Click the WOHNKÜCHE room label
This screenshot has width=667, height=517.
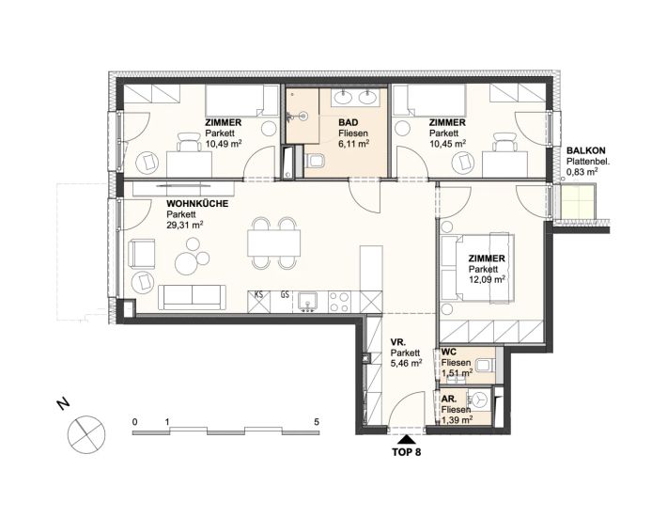197,204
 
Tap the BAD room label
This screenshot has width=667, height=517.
349,123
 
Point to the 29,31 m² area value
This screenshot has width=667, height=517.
185,225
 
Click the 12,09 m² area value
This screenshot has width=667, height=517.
487,279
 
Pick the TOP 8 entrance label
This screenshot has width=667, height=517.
406,452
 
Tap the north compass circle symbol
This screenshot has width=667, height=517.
86,435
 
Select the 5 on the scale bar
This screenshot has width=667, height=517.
316,422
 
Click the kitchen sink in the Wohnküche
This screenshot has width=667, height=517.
307,302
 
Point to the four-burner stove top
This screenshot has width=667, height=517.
340,302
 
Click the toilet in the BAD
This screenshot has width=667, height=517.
316,161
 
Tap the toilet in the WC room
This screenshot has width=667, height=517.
485,365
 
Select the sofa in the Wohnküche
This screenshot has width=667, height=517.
192,297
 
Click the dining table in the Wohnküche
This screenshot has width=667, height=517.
274,243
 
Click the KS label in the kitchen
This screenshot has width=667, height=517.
258,294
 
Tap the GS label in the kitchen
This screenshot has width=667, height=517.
285,294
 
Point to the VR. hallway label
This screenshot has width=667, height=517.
398,342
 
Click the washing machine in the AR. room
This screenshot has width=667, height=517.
479,400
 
